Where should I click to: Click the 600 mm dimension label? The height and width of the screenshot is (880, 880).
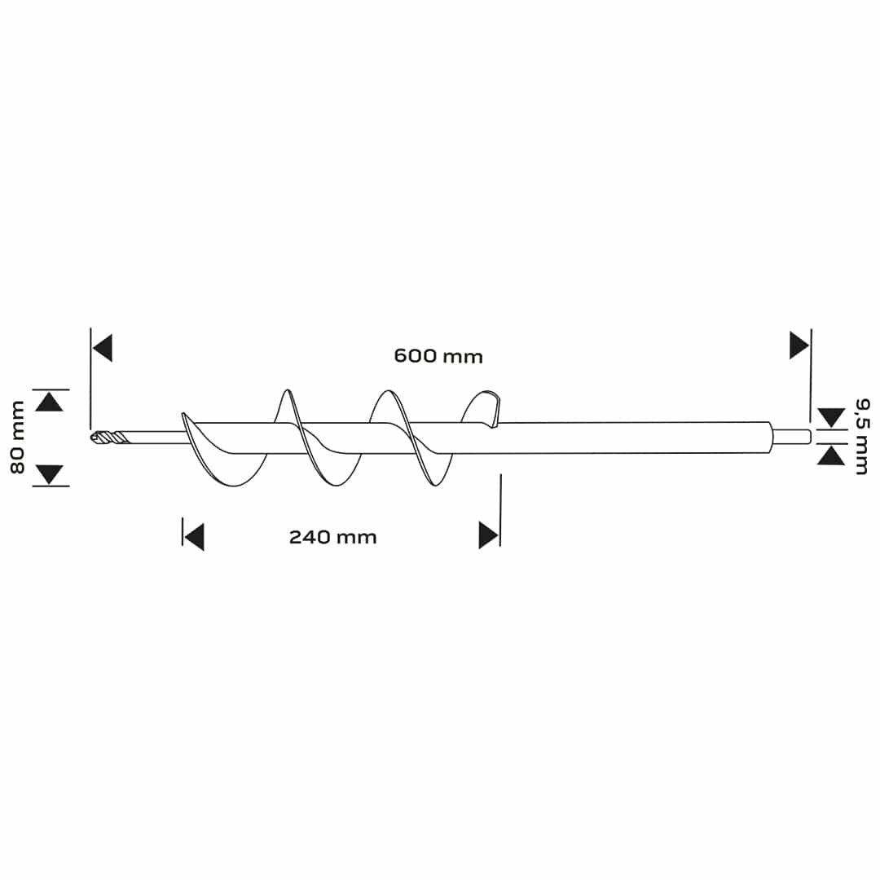click(438, 356)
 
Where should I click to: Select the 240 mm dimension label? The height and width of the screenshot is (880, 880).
click(332, 537)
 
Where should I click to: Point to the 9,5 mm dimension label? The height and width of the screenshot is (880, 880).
click(862, 437)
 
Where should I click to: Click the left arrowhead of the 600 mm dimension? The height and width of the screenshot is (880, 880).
click(103, 348)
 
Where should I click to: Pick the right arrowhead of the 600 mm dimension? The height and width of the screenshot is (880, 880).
click(799, 345)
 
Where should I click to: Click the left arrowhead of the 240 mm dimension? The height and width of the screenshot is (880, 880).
click(194, 537)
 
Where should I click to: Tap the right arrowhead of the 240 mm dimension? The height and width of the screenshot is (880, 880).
click(489, 535)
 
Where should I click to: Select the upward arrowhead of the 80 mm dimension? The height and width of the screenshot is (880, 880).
click(50, 403)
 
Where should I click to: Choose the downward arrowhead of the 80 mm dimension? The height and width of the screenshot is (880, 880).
click(50, 475)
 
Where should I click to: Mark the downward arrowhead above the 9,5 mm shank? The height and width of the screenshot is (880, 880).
click(831, 417)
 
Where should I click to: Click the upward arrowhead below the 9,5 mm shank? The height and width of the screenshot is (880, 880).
click(831, 455)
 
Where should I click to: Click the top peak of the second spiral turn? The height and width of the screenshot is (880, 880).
click(387, 390)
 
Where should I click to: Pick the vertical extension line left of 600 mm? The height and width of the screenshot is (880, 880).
click(90, 379)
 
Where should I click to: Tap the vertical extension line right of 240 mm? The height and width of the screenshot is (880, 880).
click(500, 510)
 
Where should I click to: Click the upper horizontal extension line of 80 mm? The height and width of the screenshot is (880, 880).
click(51, 389)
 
